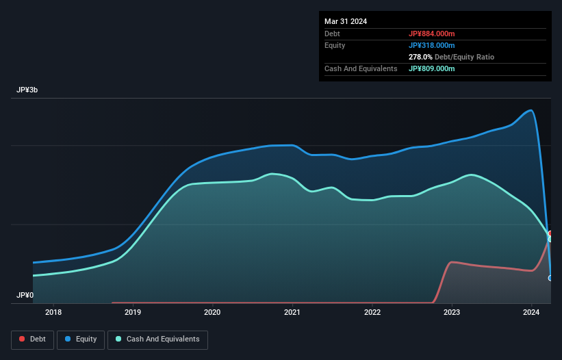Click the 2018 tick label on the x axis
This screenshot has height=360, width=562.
click(x=53, y=313)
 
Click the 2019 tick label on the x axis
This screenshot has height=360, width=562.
click(x=133, y=313)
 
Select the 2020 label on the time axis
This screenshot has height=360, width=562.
click(x=213, y=313)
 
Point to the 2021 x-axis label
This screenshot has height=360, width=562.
click(x=292, y=313)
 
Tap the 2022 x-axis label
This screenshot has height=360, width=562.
click(x=372, y=313)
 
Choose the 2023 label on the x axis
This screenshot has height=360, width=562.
click(x=452, y=313)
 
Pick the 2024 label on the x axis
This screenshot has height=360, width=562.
click(x=532, y=313)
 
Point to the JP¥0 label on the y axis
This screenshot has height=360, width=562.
click(x=25, y=296)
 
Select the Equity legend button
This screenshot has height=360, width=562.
click(x=81, y=339)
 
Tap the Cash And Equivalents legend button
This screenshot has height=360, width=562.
click(x=157, y=339)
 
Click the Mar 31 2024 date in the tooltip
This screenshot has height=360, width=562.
click(x=346, y=21)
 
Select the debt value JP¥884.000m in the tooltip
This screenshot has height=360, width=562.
click(x=432, y=34)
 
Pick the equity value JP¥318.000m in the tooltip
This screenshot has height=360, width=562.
click(x=432, y=45)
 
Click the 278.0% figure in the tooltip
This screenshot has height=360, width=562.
click(x=420, y=57)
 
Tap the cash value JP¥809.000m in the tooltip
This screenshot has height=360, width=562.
click(x=432, y=68)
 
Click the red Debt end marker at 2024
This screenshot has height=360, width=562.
click(x=550, y=233)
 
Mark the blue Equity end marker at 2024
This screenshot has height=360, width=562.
click(x=550, y=278)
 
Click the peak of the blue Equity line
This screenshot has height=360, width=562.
click(x=530, y=110)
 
